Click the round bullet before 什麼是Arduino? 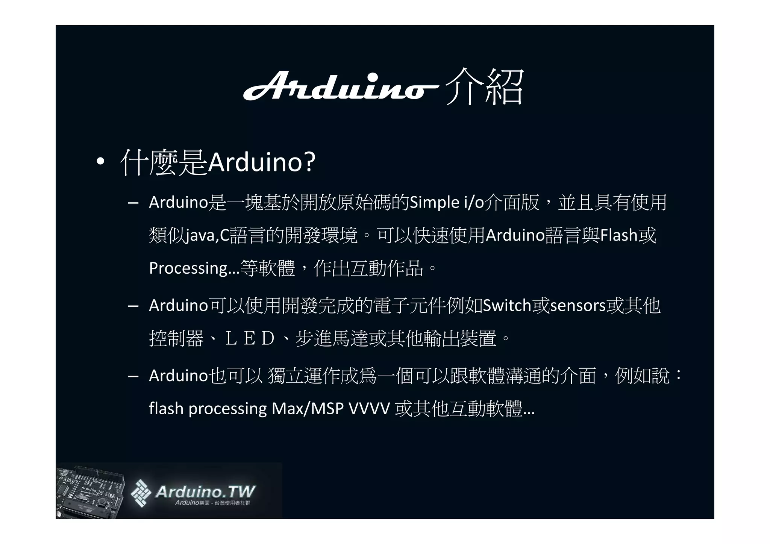pyautogui.click(x=100, y=162)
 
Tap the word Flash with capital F pyautogui.click(x=619, y=236)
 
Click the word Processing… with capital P pyautogui.click(x=194, y=268)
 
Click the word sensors pyautogui.click(x=577, y=306)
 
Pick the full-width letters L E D pyautogui.click(x=250, y=339)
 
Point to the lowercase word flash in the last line pyautogui.click(x=166, y=409)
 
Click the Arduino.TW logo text pyautogui.click(x=205, y=492)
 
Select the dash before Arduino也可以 pyautogui.click(x=133, y=376)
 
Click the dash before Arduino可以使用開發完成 pyautogui.click(x=133, y=306)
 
